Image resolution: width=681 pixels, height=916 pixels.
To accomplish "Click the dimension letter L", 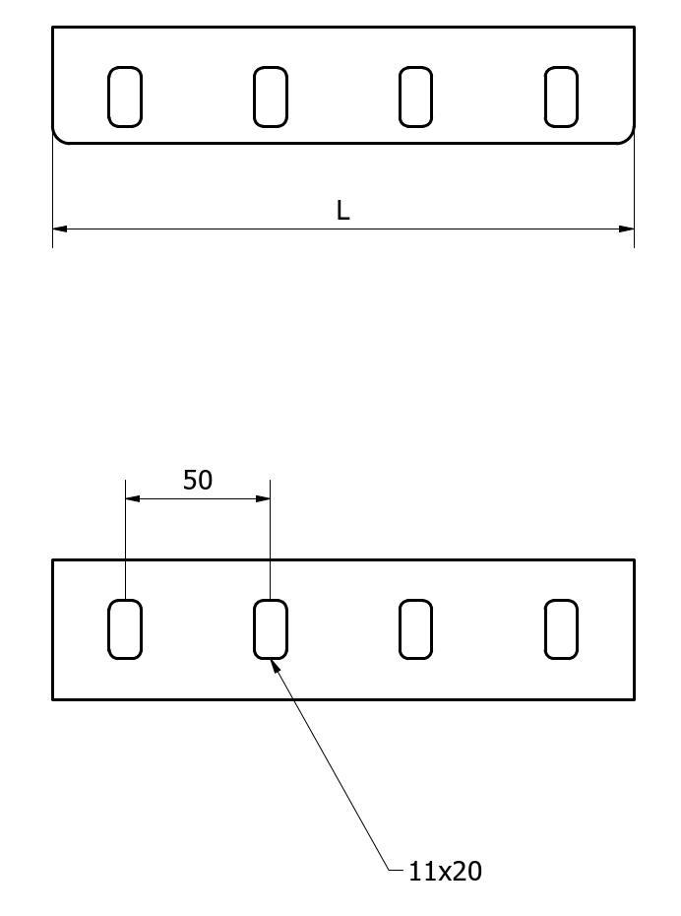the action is (x=343, y=211).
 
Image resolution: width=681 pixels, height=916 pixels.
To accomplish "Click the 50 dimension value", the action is (x=198, y=481).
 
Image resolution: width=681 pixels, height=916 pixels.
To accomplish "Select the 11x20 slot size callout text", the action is (x=445, y=872).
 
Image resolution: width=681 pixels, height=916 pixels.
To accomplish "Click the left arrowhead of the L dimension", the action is (x=54, y=229).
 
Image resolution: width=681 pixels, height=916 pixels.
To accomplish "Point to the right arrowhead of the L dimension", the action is (x=634, y=229).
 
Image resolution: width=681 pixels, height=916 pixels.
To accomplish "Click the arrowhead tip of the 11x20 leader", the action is (x=272, y=660).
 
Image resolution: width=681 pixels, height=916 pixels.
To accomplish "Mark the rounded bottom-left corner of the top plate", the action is (x=58, y=138).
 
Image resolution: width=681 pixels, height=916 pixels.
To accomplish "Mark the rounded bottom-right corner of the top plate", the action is (x=629, y=138).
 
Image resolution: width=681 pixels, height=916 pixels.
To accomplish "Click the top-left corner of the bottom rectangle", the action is (x=52, y=559).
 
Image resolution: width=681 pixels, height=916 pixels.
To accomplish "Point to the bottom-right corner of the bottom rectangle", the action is (x=635, y=699).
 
